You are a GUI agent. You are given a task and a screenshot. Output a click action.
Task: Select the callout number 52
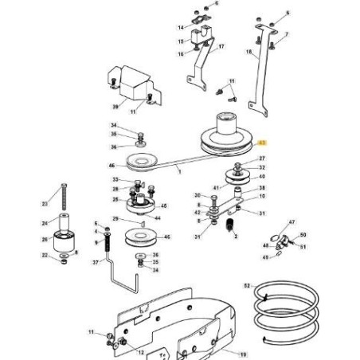(x=247, y=284)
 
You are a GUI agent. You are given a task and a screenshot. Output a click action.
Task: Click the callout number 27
(x=262, y=159)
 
